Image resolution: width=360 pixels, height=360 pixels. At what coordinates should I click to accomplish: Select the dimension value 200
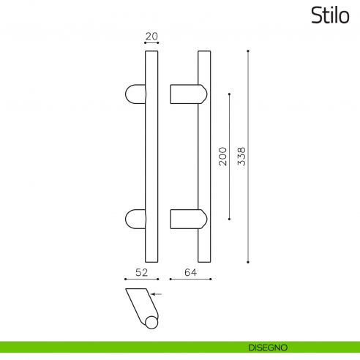(x=222, y=156)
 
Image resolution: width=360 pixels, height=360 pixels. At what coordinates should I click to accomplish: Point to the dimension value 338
(x=241, y=156)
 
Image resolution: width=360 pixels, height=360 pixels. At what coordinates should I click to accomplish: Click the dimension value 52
(x=143, y=273)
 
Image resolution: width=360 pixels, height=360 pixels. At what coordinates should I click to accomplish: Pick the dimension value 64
(x=190, y=273)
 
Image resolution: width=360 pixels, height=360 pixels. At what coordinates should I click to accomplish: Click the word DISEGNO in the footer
(x=268, y=347)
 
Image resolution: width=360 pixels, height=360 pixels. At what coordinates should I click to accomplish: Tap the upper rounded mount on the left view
(x=135, y=95)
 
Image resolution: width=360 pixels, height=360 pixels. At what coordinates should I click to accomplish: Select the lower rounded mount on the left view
(x=135, y=219)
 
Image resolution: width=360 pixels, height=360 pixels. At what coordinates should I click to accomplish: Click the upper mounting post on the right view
(x=187, y=95)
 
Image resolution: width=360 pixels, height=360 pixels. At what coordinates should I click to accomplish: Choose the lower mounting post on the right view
(x=187, y=219)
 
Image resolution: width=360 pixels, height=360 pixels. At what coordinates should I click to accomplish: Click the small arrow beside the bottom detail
(x=157, y=295)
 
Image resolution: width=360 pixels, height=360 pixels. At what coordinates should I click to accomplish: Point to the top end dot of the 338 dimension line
(x=249, y=50)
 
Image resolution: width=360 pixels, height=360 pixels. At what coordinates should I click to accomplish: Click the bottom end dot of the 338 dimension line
(x=249, y=262)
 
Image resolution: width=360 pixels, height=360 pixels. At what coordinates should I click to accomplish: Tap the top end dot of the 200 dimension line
(x=230, y=94)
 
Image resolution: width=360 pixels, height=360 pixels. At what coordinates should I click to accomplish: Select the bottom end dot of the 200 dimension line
(x=230, y=218)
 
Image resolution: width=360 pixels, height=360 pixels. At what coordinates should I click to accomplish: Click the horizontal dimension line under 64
(x=190, y=280)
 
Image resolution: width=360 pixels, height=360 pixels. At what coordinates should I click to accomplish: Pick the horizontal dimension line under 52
(x=143, y=280)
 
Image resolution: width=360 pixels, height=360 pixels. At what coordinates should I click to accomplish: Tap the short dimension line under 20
(x=151, y=42)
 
